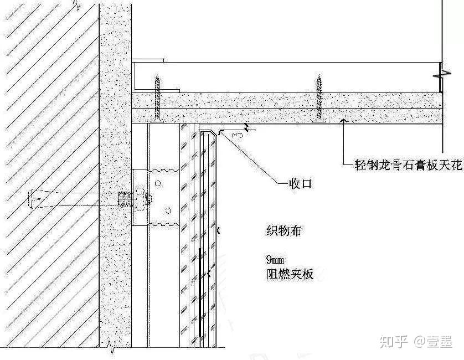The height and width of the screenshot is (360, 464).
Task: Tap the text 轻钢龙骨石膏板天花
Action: [409, 165]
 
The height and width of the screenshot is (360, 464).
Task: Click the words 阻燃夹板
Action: [289, 273]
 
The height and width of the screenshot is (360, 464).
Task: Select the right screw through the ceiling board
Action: [318, 99]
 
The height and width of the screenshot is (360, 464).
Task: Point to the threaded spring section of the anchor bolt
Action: [125, 197]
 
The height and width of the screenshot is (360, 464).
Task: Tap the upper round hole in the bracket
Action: [158, 183]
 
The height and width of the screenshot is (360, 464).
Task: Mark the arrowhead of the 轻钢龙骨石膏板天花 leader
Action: [344, 119]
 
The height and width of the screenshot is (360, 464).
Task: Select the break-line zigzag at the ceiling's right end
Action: [440, 73]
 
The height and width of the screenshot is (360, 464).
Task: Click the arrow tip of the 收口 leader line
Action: [220, 132]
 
